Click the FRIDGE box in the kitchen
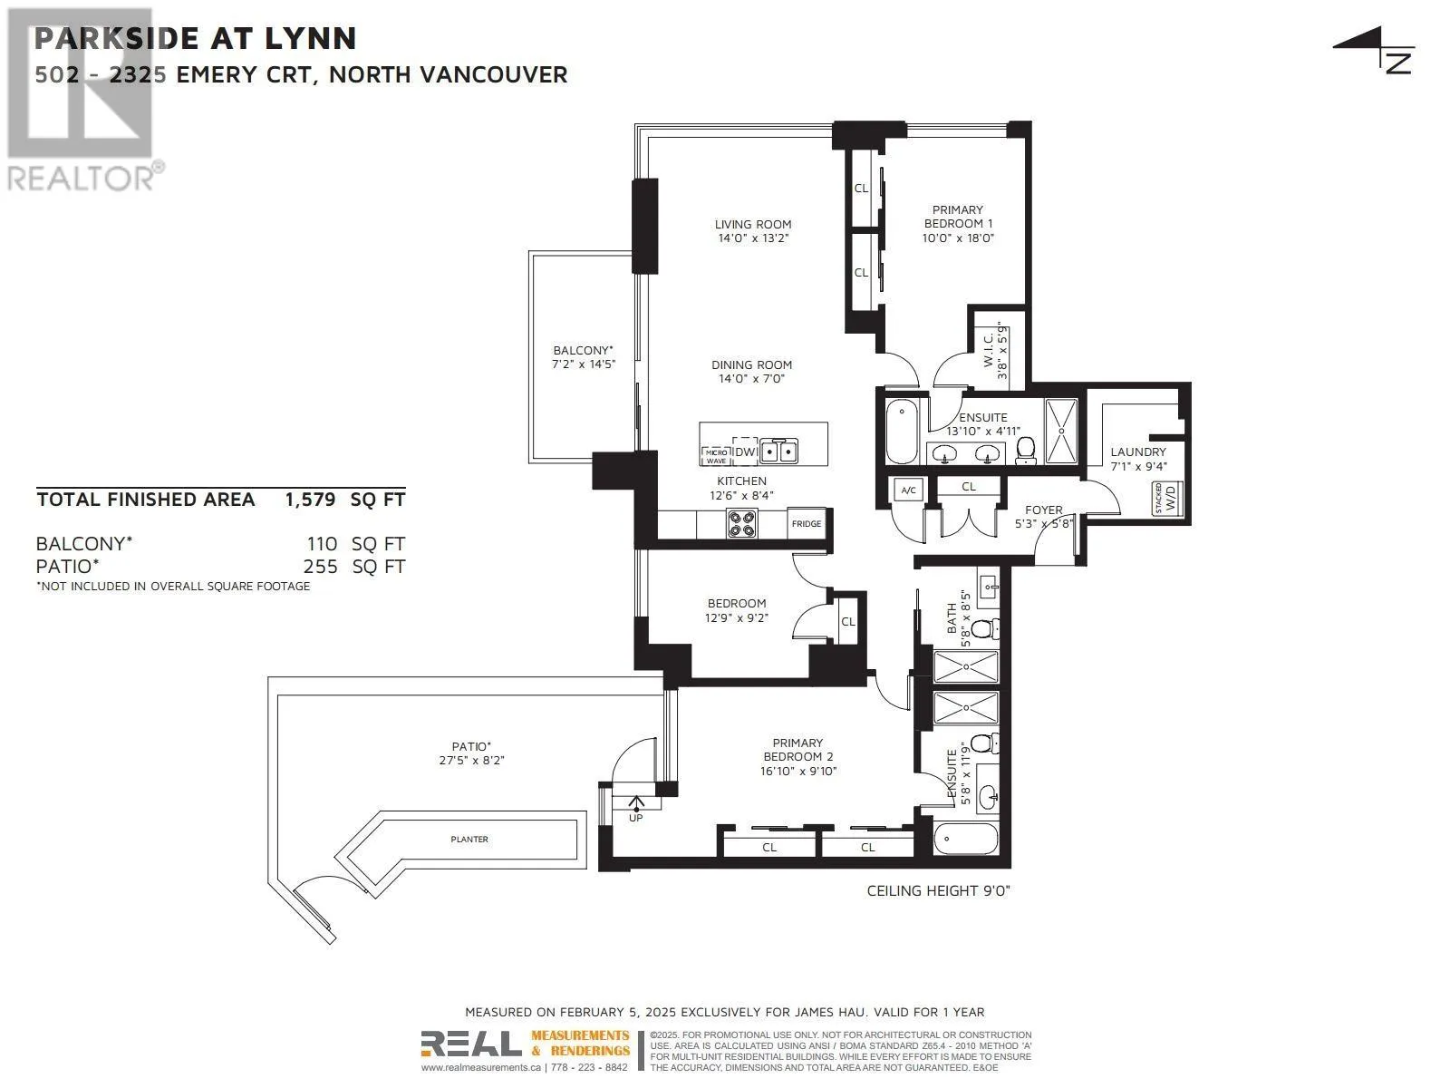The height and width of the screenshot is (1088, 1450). point(806,524)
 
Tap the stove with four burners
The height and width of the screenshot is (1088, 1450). point(742,523)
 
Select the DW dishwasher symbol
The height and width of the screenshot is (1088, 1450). point(745,452)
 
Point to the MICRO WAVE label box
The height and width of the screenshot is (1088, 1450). point(716,456)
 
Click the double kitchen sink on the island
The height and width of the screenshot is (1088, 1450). point(778,452)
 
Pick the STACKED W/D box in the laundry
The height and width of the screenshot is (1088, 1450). point(1166,499)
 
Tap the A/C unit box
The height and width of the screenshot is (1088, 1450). point(908,490)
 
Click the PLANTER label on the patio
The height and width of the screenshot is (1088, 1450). point(469,839)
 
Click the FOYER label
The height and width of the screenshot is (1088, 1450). point(1044,510)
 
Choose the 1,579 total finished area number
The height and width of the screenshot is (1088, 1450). point(310,500)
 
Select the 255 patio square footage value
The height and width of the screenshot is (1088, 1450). point(321,567)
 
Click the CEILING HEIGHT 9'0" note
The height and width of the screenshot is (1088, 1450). point(939,890)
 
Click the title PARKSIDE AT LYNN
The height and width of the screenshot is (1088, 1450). point(196,38)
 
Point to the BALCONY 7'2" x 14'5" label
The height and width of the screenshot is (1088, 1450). point(584,356)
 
